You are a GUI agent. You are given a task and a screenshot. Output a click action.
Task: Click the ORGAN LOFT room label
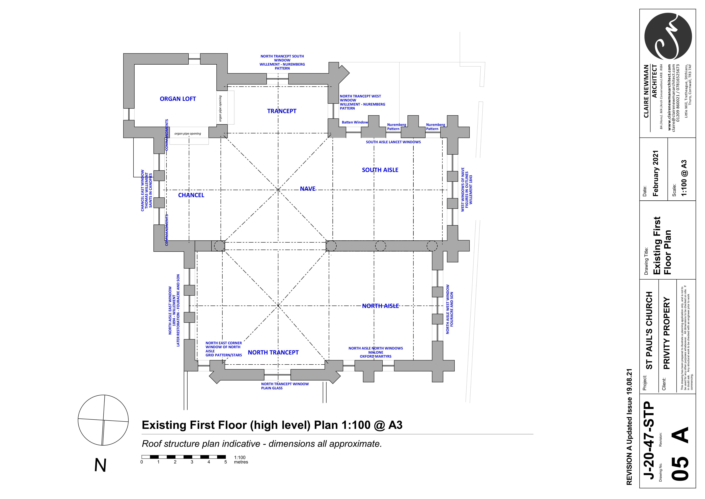click(x=178, y=99)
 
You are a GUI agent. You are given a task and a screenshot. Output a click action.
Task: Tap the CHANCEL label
click(x=191, y=195)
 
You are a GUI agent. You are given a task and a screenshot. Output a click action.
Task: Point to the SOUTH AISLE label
click(x=380, y=170)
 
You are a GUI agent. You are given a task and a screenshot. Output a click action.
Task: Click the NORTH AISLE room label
click(x=380, y=306)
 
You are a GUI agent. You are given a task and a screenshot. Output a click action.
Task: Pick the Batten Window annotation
click(x=355, y=122)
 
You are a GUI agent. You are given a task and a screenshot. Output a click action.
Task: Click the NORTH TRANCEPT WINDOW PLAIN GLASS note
click(x=285, y=386)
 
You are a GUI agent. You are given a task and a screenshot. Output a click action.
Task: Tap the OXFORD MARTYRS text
click(x=376, y=356)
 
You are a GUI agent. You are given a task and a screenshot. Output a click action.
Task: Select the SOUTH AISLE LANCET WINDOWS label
click(x=393, y=142)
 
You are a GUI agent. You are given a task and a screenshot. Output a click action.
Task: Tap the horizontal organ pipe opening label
click(x=188, y=134)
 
